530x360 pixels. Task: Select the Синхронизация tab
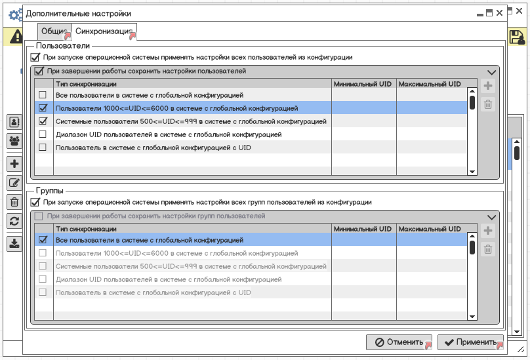pos(104,31)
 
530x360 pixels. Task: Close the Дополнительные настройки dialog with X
pos(500,12)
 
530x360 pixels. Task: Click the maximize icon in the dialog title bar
pos(489,12)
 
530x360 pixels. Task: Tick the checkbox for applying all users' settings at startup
pos(35,58)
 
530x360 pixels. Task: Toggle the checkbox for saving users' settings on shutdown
pos(39,71)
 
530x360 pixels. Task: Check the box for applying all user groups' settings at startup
pos(35,203)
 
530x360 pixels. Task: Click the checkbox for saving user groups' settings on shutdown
pos(39,216)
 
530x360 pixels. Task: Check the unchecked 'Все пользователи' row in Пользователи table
pos(43,96)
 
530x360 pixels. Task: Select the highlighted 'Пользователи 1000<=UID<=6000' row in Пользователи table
pos(177,108)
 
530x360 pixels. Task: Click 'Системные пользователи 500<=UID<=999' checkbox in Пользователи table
pos(43,121)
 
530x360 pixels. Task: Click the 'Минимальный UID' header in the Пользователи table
pos(363,84)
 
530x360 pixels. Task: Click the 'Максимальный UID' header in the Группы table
pos(429,229)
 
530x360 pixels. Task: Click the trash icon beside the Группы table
pos(487,249)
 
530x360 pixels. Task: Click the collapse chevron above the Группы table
pos(491,217)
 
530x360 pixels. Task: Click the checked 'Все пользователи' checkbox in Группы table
pos(43,241)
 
